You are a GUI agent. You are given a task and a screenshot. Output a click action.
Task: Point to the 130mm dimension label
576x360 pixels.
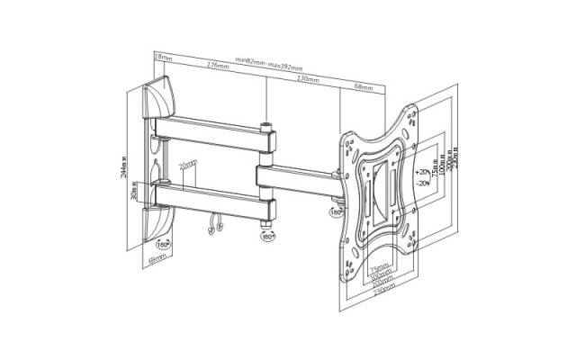[x=308, y=79]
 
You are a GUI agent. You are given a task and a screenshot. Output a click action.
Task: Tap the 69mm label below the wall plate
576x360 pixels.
[x=158, y=258]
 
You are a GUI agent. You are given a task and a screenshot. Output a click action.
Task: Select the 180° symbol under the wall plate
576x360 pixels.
[x=163, y=243]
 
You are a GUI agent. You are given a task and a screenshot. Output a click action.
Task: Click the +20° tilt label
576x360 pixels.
[x=423, y=170]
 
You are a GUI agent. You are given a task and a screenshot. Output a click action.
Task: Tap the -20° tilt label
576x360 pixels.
[x=423, y=183]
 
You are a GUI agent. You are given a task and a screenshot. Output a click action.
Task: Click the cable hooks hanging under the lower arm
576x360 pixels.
[x=214, y=226]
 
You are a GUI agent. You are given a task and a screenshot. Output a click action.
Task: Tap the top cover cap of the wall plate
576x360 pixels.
[x=163, y=91]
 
